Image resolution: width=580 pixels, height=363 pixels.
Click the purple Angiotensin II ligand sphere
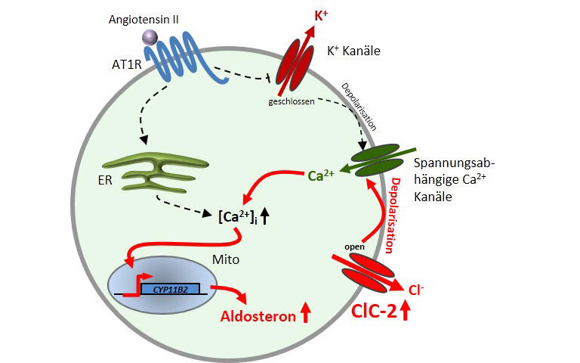pyautogui.click(x=150, y=38)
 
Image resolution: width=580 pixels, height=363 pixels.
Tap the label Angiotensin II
pyautogui.click(x=143, y=20)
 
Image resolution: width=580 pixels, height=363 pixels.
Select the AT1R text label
pyautogui.click(x=127, y=64)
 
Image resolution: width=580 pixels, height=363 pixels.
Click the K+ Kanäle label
pyautogui.click(x=353, y=51)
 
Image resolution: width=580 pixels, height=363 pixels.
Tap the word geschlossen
pyautogui.click(x=292, y=101)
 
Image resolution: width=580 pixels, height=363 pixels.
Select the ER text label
pyautogui.click(x=105, y=181)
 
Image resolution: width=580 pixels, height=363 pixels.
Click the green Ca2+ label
pyautogui.click(x=321, y=175)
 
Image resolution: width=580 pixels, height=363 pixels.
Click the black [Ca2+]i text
pyautogui.click(x=238, y=217)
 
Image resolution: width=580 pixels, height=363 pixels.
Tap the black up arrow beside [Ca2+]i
pyautogui.click(x=264, y=216)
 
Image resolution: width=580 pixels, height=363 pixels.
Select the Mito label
pyautogui.click(x=226, y=259)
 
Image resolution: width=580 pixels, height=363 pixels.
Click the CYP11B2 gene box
pyautogui.click(x=171, y=289)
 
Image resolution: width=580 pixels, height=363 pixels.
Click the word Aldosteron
pyautogui.click(x=258, y=316)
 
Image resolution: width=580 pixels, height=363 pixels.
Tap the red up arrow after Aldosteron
pyautogui.click(x=306, y=312)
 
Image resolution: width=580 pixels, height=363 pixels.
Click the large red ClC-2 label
pyautogui.click(x=374, y=311)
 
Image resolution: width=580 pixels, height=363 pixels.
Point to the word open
pyautogui.click(x=354, y=247)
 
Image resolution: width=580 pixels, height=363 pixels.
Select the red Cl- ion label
pyautogui.click(x=416, y=290)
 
